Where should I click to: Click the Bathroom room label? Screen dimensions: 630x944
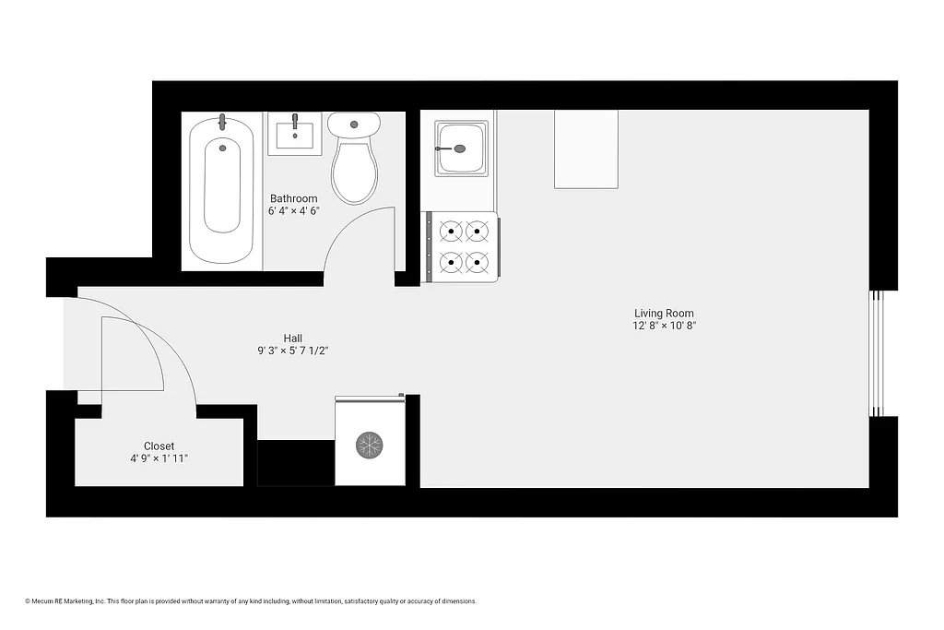293,198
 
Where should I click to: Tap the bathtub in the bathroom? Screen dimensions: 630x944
221,189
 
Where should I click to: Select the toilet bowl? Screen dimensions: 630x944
354,172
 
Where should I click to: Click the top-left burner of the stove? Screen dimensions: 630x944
451,230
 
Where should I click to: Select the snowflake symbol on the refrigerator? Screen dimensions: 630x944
370,446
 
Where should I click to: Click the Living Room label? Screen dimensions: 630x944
664,313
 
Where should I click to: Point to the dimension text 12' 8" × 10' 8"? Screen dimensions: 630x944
664,326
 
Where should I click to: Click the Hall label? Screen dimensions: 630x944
293,338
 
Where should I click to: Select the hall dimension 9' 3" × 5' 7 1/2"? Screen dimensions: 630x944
293,351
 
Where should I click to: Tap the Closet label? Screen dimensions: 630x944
159,446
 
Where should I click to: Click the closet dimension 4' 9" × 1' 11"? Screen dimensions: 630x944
159,458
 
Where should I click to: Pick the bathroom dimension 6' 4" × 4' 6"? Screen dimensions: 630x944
293,210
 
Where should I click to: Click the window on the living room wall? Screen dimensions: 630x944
878,353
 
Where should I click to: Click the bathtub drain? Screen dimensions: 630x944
221,146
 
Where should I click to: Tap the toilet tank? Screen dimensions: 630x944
354,123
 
